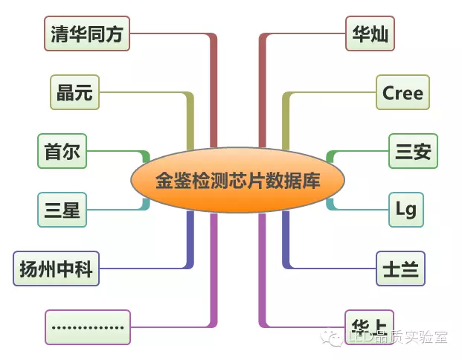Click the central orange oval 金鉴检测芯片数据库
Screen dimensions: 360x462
[237, 180]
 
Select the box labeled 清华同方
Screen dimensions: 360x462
[87, 33]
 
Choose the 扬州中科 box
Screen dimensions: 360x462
[57, 269]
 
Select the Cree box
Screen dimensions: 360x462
[402, 92]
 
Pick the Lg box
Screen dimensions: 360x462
[406, 209]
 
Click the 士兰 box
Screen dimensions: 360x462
[400, 268]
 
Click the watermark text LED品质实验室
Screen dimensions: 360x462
[397, 338]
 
